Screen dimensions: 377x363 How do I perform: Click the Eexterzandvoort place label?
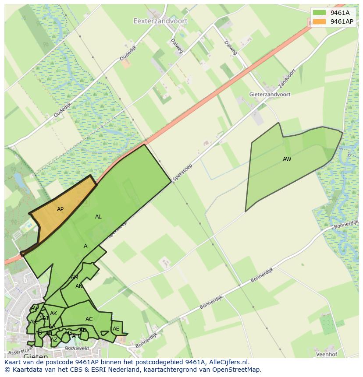pos(160,21)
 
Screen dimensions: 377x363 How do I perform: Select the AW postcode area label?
pos(287,159)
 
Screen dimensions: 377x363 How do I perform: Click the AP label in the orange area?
pos(60,209)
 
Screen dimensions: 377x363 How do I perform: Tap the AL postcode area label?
pos(98,217)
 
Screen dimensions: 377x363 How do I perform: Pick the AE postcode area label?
pos(116,329)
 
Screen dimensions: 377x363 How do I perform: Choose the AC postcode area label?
pos(89,319)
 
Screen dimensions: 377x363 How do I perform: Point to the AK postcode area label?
pos(53,314)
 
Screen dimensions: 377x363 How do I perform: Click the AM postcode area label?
pos(75,278)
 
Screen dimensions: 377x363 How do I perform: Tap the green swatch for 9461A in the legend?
pos(319,13)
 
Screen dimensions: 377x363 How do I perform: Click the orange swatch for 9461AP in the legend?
pos(319,21)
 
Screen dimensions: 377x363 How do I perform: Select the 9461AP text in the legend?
pos(342,21)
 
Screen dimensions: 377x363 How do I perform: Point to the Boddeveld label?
pos(77,349)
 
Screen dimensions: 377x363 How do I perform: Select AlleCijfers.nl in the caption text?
pos(226,362)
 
